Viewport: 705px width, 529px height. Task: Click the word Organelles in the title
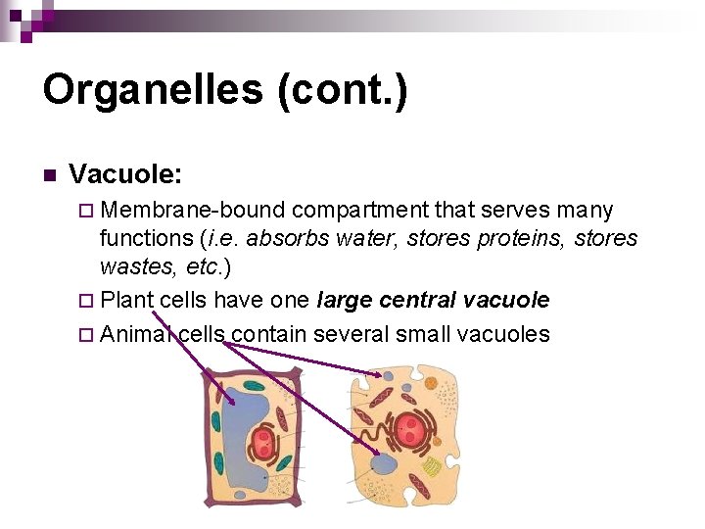152,90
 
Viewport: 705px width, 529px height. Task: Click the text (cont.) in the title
343,90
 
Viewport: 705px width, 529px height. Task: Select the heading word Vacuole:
125,175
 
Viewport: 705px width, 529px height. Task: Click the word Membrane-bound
193,211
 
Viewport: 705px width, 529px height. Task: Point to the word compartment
359,211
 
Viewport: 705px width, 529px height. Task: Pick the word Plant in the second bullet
126,300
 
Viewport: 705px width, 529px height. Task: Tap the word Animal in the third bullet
136,334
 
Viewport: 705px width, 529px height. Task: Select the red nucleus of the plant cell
262,444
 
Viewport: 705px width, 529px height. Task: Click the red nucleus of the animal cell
411,430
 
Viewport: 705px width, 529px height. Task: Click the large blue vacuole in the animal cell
385,464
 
